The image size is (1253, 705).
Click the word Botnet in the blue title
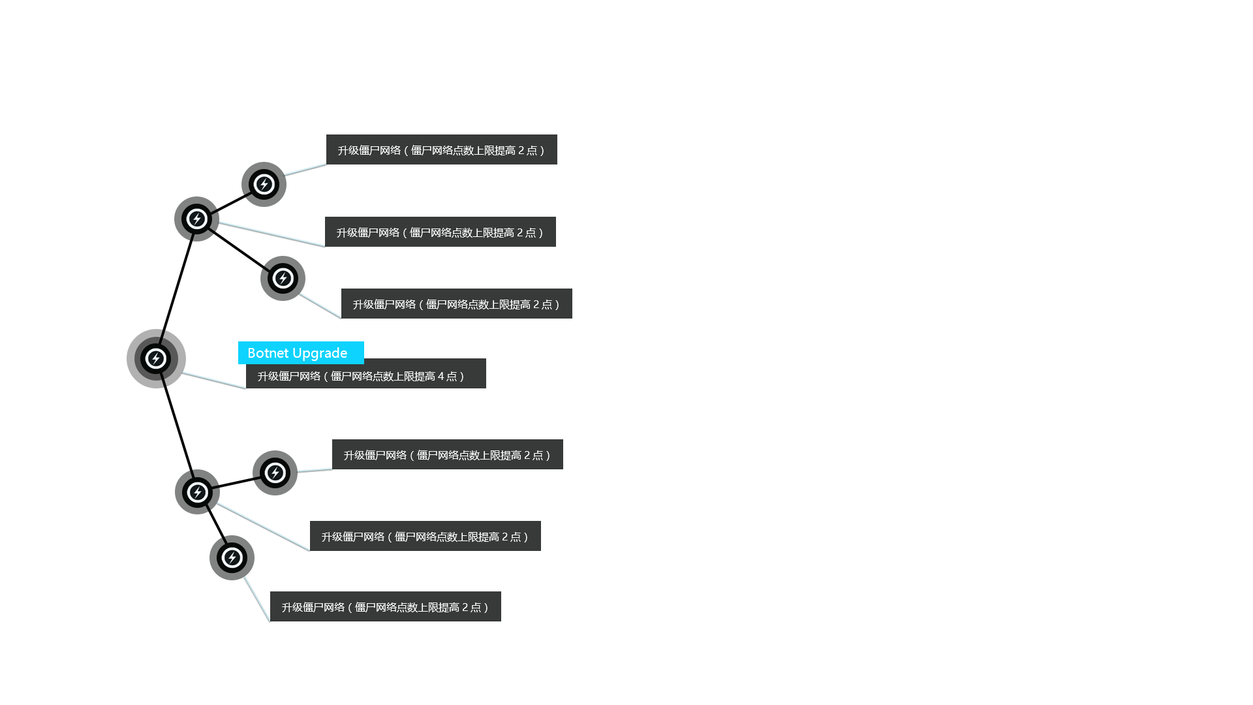click(268, 353)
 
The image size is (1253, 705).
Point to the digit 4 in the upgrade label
click(441, 377)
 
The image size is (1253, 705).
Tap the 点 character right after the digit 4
click(452, 377)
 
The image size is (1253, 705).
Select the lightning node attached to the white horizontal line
click(156, 358)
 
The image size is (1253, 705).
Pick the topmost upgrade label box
click(441, 150)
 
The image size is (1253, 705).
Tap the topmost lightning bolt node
click(264, 184)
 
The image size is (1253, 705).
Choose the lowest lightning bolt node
click(232, 557)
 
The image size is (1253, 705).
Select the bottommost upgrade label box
click(385, 607)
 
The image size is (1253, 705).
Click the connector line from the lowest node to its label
click(257, 599)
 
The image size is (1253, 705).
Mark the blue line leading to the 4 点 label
click(214, 380)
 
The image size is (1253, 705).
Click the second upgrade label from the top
click(440, 232)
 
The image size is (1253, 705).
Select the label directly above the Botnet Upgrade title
click(456, 304)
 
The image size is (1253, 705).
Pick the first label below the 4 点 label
click(447, 455)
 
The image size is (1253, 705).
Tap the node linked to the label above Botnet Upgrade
click(283, 278)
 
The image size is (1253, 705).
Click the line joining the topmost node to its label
click(305, 169)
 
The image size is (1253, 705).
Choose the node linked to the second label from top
click(197, 219)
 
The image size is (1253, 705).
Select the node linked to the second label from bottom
click(198, 492)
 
